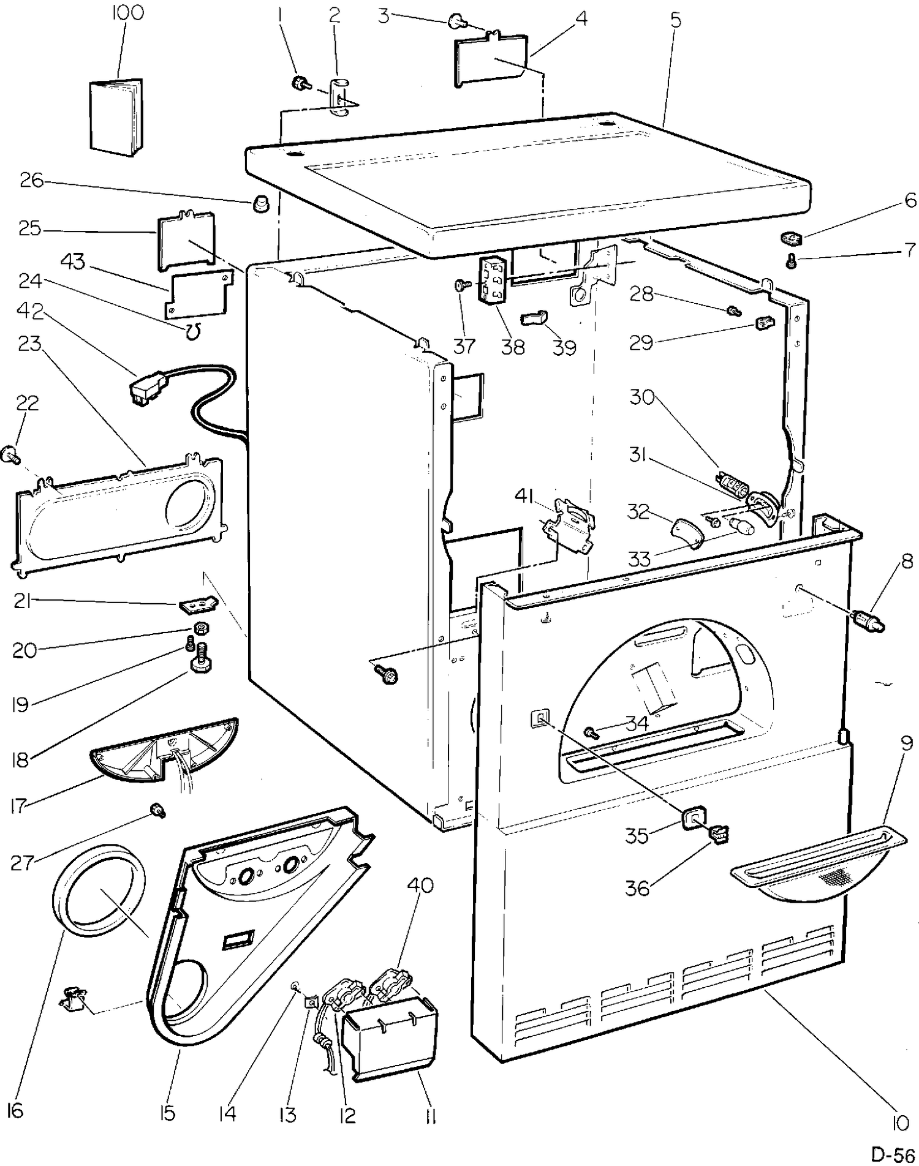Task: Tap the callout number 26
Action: coord(31,181)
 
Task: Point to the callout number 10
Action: coord(900,1123)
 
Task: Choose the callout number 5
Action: coord(675,20)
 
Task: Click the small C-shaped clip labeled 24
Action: coord(193,332)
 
